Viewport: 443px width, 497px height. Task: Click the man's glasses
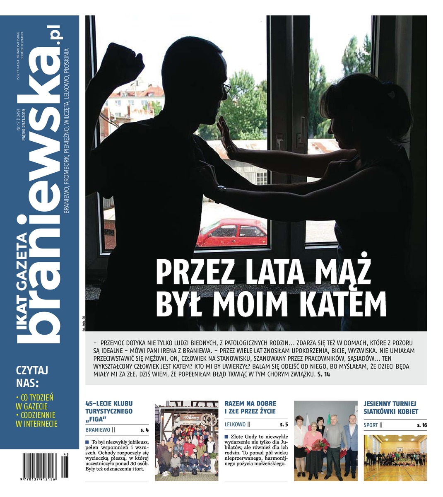coord(226,88)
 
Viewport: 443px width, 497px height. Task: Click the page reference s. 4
coord(144,430)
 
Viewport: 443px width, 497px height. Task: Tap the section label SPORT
coord(371,425)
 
